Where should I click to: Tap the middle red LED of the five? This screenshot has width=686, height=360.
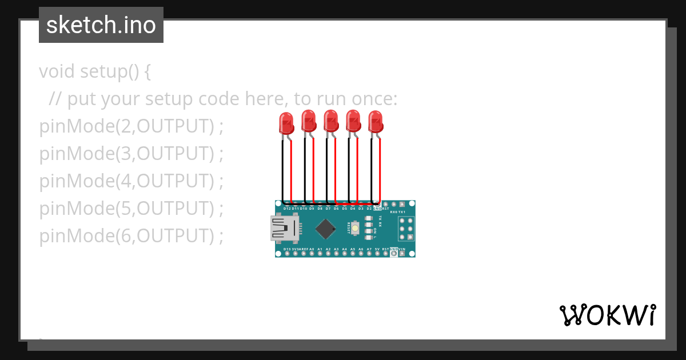tap(330, 121)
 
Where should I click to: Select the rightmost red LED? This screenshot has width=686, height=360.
tap(375, 122)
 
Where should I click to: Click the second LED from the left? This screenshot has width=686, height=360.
tap(308, 121)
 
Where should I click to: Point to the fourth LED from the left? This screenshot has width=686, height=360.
tap(353, 121)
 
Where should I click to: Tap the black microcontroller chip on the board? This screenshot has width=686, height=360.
tap(325, 229)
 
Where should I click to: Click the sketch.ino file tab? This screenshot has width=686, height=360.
tap(101, 25)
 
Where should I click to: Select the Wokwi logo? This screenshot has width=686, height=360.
tap(607, 315)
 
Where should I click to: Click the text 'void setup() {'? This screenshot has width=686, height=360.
tap(95, 72)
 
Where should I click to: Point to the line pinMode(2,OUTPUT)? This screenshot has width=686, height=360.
tap(131, 126)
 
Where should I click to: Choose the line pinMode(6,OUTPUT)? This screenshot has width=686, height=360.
tap(131, 235)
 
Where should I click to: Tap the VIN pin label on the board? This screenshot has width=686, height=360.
tap(402, 249)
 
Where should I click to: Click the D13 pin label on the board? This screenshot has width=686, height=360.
tap(287, 249)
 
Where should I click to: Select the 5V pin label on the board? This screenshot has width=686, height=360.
tap(377, 249)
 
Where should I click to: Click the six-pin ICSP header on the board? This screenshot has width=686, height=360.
tap(406, 229)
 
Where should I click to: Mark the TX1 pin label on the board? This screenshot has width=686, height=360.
tap(402, 212)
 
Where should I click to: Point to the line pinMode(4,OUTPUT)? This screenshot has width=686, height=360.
tap(131, 181)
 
